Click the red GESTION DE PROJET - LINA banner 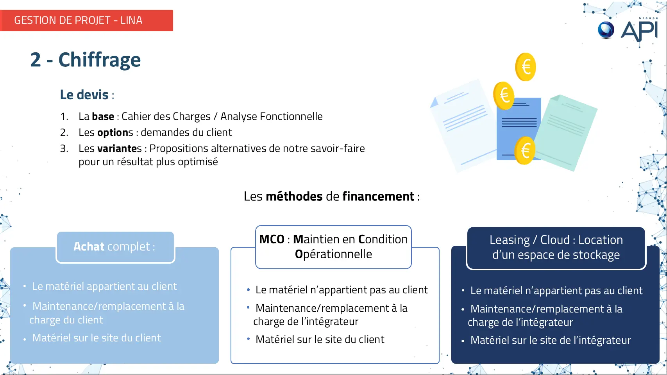click(x=86, y=20)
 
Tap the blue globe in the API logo click(x=606, y=30)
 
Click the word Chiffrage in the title click(x=100, y=60)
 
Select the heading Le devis click(x=84, y=95)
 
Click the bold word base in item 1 click(x=103, y=116)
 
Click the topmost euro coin click(x=526, y=67)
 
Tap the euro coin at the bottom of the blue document click(x=525, y=151)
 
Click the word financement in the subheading click(x=378, y=196)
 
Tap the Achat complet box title click(x=114, y=247)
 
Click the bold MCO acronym click(x=272, y=239)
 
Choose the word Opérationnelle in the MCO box click(x=334, y=254)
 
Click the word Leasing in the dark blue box click(x=510, y=240)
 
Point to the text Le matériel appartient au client click(x=104, y=286)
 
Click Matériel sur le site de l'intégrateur click(x=551, y=340)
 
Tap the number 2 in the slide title click(x=36, y=60)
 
